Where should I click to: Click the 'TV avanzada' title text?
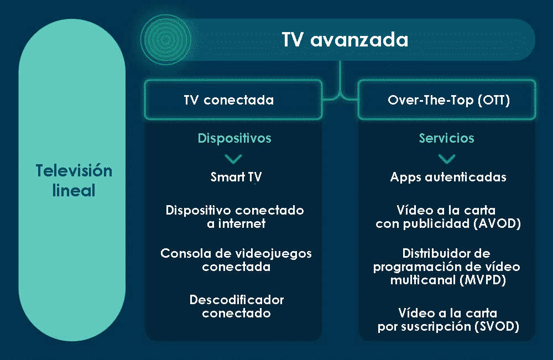pyautogui.click(x=345, y=39)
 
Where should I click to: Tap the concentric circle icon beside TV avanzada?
pyautogui.click(x=166, y=39)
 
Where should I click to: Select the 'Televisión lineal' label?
pyautogui.click(x=74, y=180)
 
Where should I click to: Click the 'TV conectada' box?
pyautogui.click(x=233, y=100)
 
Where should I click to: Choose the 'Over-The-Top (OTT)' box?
pyautogui.click(x=447, y=100)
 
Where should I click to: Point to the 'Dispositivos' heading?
pyautogui.click(x=234, y=138)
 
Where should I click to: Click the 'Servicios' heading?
pyautogui.click(x=446, y=138)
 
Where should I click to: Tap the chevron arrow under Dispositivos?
pyautogui.click(x=233, y=159)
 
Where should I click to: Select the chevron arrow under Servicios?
pyautogui.click(x=447, y=159)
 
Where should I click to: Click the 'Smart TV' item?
pyautogui.click(x=236, y=176)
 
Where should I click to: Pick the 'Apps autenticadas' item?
pyautogui.click(x=448, y=177)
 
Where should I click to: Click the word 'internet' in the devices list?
pyautogui.click(x=242, y=223)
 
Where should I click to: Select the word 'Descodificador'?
pyautogui.click(x=237, y=300)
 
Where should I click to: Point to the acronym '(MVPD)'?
pyautogui.click(x=483, y=280)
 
